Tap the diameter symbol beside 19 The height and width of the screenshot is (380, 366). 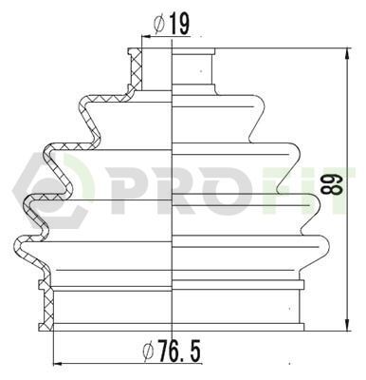[x=159, y=25]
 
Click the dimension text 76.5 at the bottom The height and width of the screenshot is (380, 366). [x=179, y=351]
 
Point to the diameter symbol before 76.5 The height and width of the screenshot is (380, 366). [x=148, y=351]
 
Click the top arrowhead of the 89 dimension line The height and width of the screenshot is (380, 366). [x=348, y=53]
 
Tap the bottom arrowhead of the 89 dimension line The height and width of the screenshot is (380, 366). [x=348, y=326]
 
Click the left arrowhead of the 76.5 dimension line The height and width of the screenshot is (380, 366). [x=59, y=364]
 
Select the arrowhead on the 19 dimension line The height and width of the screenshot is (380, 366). [x=147, y=37]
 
